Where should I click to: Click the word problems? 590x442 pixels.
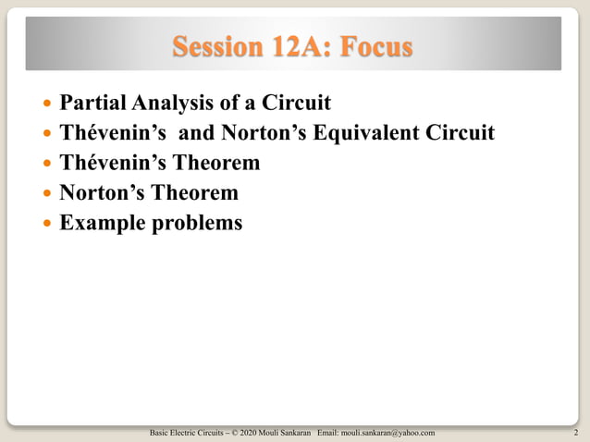(x=196, y=224)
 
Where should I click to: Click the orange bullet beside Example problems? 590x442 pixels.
(x=49, y=225)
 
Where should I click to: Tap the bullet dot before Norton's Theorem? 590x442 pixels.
(x=49, y=194)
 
